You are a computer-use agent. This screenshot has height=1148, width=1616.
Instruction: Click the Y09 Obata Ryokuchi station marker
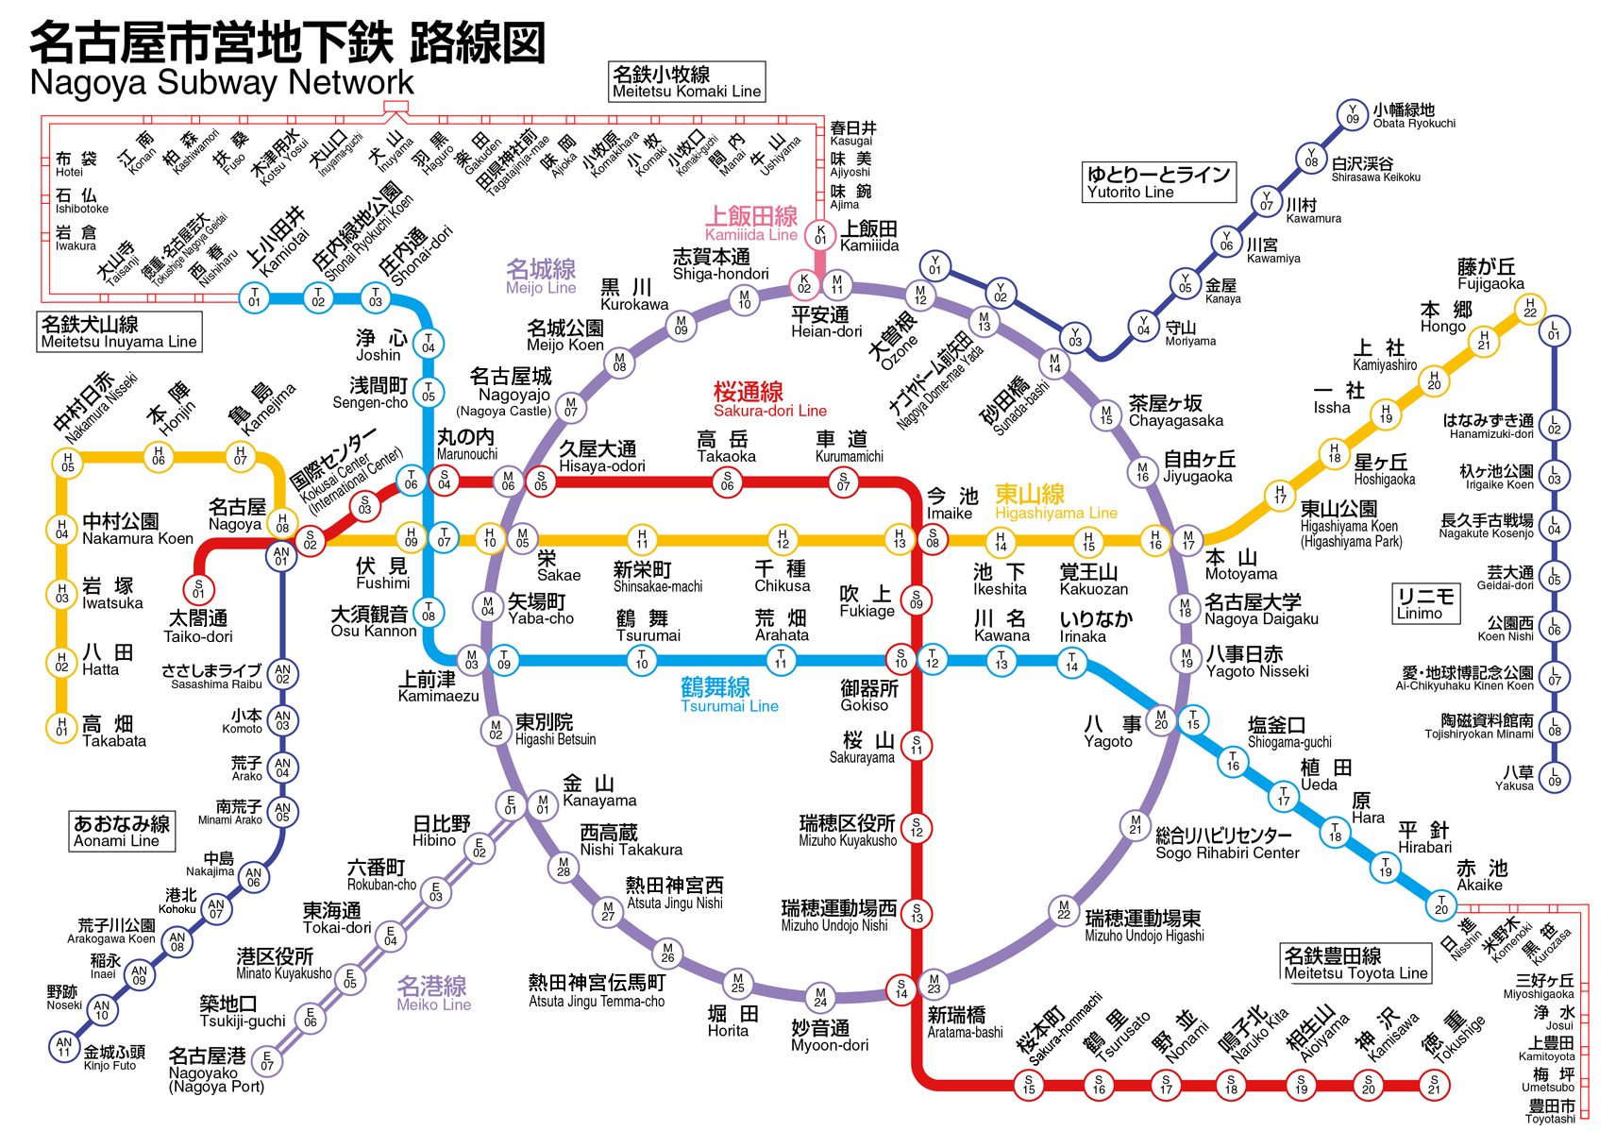1352,115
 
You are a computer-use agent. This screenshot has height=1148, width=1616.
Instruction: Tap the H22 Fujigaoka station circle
1529,309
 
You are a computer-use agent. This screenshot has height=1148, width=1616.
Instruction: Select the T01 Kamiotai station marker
254,298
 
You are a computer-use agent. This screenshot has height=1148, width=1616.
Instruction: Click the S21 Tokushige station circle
1434,1086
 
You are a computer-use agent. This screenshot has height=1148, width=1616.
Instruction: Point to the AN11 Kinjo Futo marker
64,1046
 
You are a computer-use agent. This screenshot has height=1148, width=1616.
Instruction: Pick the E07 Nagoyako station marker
267,1061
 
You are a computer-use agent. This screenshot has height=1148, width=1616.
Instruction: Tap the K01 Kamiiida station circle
820,235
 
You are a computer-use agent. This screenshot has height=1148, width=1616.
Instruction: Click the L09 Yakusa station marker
1554,778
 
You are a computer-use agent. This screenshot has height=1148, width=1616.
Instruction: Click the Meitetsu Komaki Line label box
686,81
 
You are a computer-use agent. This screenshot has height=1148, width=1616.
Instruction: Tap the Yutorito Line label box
1158,182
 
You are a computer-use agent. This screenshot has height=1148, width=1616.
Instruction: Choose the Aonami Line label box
122,831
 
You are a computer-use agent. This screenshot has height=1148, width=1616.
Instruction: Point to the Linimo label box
1425,603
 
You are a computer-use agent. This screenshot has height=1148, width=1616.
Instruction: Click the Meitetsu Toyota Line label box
1355,963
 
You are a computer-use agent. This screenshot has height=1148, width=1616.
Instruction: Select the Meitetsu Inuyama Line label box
119,332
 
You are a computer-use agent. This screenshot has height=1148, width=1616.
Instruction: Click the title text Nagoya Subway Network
222,82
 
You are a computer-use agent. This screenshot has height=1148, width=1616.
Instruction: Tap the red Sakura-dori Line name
769,411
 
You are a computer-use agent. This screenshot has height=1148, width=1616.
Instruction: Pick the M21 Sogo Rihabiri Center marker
1135,825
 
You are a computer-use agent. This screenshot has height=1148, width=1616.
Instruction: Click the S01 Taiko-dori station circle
198,589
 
